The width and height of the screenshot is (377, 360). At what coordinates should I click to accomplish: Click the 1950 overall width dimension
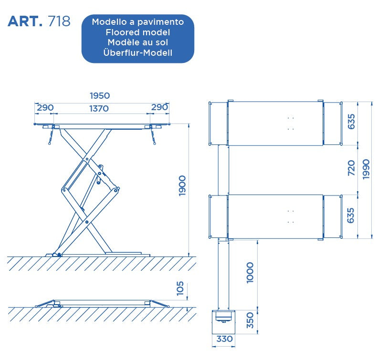(x=100, y=96)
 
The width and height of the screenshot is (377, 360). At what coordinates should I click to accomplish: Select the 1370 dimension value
(x=99, y=108)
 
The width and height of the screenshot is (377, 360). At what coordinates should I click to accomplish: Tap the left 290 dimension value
(x=45, y=108)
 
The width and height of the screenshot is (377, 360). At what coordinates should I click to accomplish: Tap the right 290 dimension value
(x=159, y=107)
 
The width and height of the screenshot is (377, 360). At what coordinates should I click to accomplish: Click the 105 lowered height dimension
(x=180, y=288)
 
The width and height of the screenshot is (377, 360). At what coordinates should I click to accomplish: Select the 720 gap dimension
(x=351, y=168)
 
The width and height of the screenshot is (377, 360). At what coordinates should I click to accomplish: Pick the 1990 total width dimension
(x=366, y=169)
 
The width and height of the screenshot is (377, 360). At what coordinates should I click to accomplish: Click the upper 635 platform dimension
(x=351, y=122)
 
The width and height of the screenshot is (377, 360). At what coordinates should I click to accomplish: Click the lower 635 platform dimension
(x=351, y=216)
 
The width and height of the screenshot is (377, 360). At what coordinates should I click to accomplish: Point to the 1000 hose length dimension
(x=251, y=272)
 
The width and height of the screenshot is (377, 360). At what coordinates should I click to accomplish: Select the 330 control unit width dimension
(x=224, y=339)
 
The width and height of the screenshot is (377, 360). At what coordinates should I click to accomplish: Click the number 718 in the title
(x=60, y=21)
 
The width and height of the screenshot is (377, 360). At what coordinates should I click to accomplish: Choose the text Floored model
(x=138, y=32)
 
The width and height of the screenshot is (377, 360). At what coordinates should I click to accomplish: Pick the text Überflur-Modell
(x=138, y=53)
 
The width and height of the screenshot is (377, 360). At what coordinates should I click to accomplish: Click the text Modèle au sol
(x=138, y=42)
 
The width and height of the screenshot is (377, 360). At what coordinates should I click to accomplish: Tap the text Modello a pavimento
(x=138, y=22)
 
